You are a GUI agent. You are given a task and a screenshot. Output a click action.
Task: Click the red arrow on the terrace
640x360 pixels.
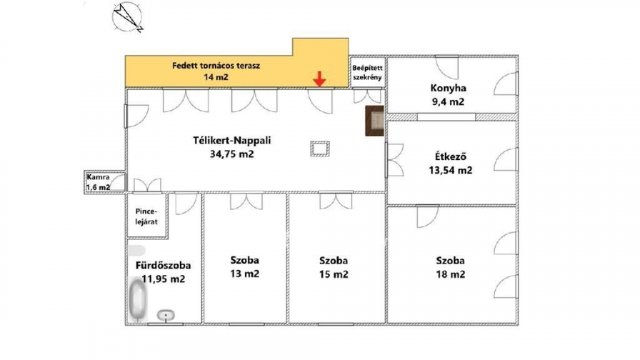tap(319, 78)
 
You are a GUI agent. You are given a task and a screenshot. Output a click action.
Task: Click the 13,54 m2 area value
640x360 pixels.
tap(451, 170)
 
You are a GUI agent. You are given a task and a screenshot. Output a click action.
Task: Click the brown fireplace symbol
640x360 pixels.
tap(373, 122)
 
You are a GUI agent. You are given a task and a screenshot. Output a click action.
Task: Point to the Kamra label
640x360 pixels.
tap(98, 177)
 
